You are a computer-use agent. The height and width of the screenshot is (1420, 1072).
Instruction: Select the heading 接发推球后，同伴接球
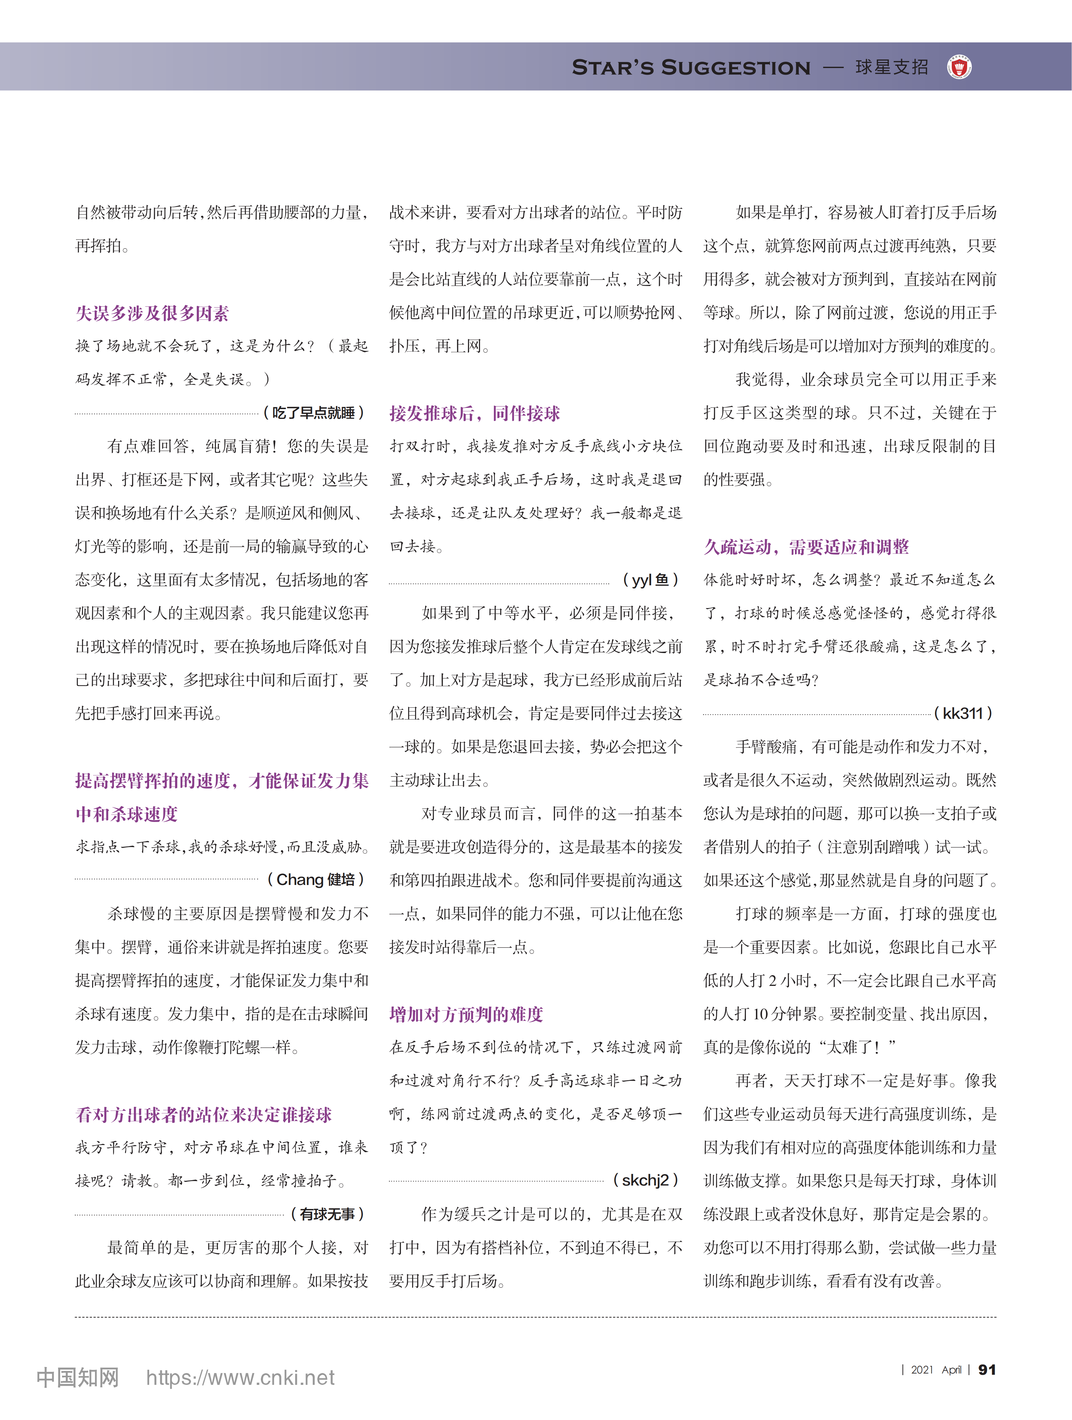[475, 414]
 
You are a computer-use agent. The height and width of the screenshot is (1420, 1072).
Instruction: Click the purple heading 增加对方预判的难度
[466, 1014]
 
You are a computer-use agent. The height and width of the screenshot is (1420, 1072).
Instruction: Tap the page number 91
[987, 1370]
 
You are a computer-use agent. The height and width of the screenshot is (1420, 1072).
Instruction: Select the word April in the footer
[951, 1370]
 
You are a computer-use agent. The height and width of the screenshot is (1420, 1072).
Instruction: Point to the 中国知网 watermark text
[78, 1378]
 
